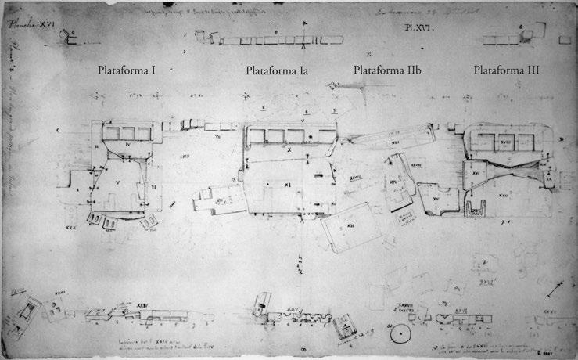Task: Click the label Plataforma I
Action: click(128, 70)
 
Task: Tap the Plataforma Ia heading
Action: click(277, 70)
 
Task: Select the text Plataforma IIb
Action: click(388, 70)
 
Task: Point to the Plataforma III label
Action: click(506, 70)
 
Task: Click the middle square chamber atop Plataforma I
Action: click(125, 134)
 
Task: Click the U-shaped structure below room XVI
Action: click(475, 210)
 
